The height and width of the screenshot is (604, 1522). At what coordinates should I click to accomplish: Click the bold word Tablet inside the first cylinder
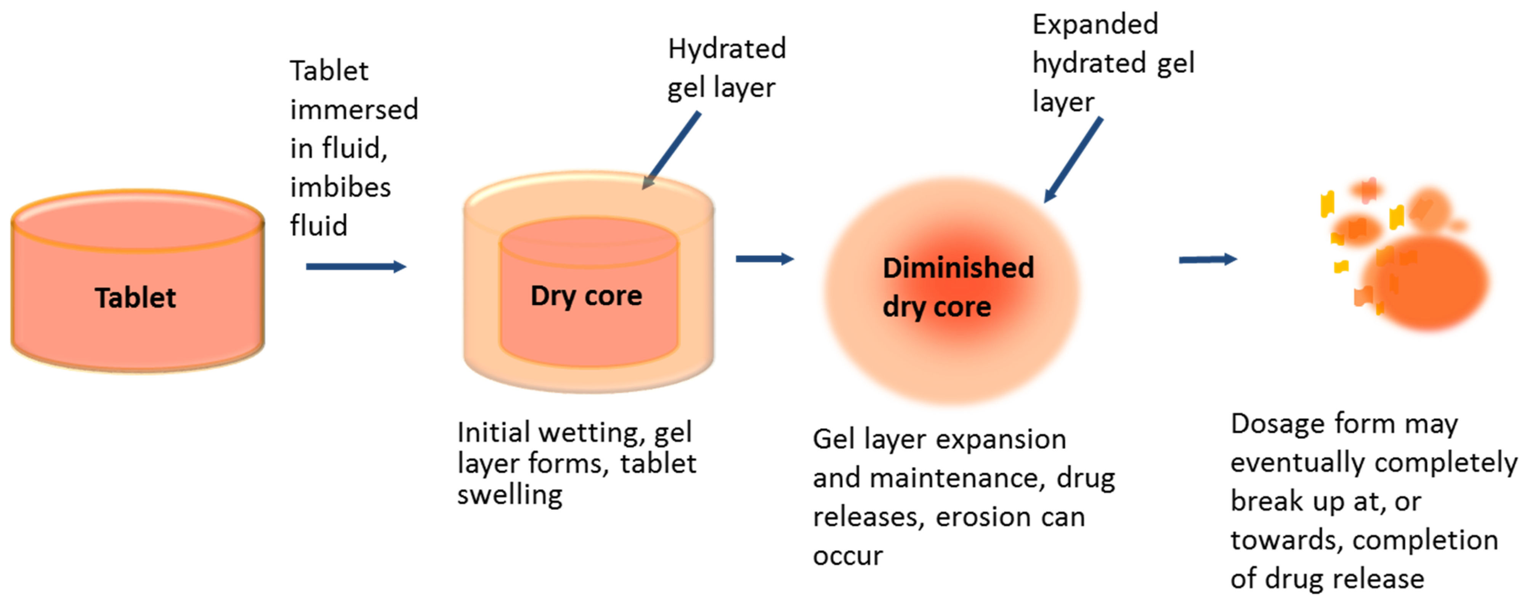[135, 297]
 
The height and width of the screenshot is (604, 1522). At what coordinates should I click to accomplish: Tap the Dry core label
[586, 296]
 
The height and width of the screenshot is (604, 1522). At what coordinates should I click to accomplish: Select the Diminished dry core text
[958, 287]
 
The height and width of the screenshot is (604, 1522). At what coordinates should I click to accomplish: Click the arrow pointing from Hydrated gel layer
[672, 150]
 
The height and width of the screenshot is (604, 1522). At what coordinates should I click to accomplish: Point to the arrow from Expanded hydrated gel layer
[1073, 159]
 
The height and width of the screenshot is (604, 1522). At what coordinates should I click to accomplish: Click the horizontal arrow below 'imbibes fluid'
[356, 267]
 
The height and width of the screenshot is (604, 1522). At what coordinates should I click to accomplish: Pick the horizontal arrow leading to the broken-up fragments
[1208, 259]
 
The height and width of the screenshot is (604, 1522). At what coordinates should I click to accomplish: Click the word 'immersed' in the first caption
[354, 110]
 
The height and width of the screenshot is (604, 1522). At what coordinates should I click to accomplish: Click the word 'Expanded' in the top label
[1095, 25]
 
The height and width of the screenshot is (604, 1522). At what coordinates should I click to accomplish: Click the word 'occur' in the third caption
[848, 556]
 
